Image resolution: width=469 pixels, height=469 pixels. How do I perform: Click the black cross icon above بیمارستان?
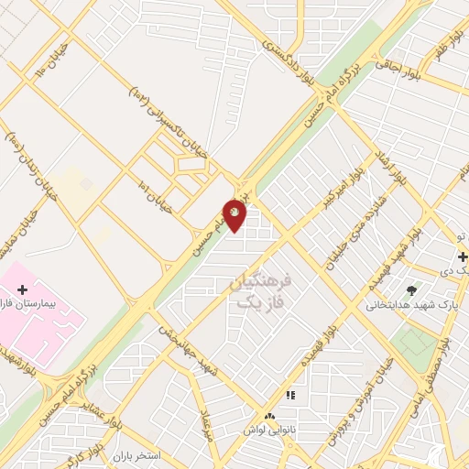coord(23,289)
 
